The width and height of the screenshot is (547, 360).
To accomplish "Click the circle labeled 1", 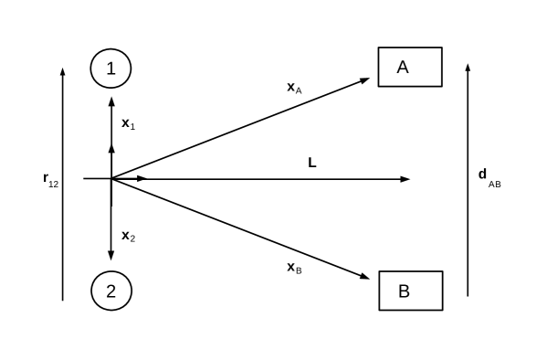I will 111,68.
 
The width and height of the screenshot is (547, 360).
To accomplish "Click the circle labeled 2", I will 111,291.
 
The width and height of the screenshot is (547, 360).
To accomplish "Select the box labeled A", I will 410,67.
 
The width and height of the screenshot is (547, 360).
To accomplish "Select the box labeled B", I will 410,291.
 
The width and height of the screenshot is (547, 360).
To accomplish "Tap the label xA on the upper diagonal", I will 294,88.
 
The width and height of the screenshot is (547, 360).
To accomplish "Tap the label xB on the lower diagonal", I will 294,268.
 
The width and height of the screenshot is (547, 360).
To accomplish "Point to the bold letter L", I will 312,163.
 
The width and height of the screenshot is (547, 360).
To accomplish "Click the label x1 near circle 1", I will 129,122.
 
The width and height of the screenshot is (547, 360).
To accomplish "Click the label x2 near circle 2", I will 129,236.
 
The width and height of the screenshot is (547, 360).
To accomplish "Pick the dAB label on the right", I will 489,175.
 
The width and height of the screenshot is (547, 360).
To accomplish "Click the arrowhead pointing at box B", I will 364,276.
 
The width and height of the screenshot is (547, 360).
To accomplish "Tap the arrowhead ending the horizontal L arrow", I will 405,179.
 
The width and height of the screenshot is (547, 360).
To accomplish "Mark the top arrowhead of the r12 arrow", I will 62,71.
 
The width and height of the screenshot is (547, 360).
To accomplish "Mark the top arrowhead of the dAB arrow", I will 468,69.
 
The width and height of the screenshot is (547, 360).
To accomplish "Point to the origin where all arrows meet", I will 111,179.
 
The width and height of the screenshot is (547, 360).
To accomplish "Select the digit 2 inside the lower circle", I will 111,291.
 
